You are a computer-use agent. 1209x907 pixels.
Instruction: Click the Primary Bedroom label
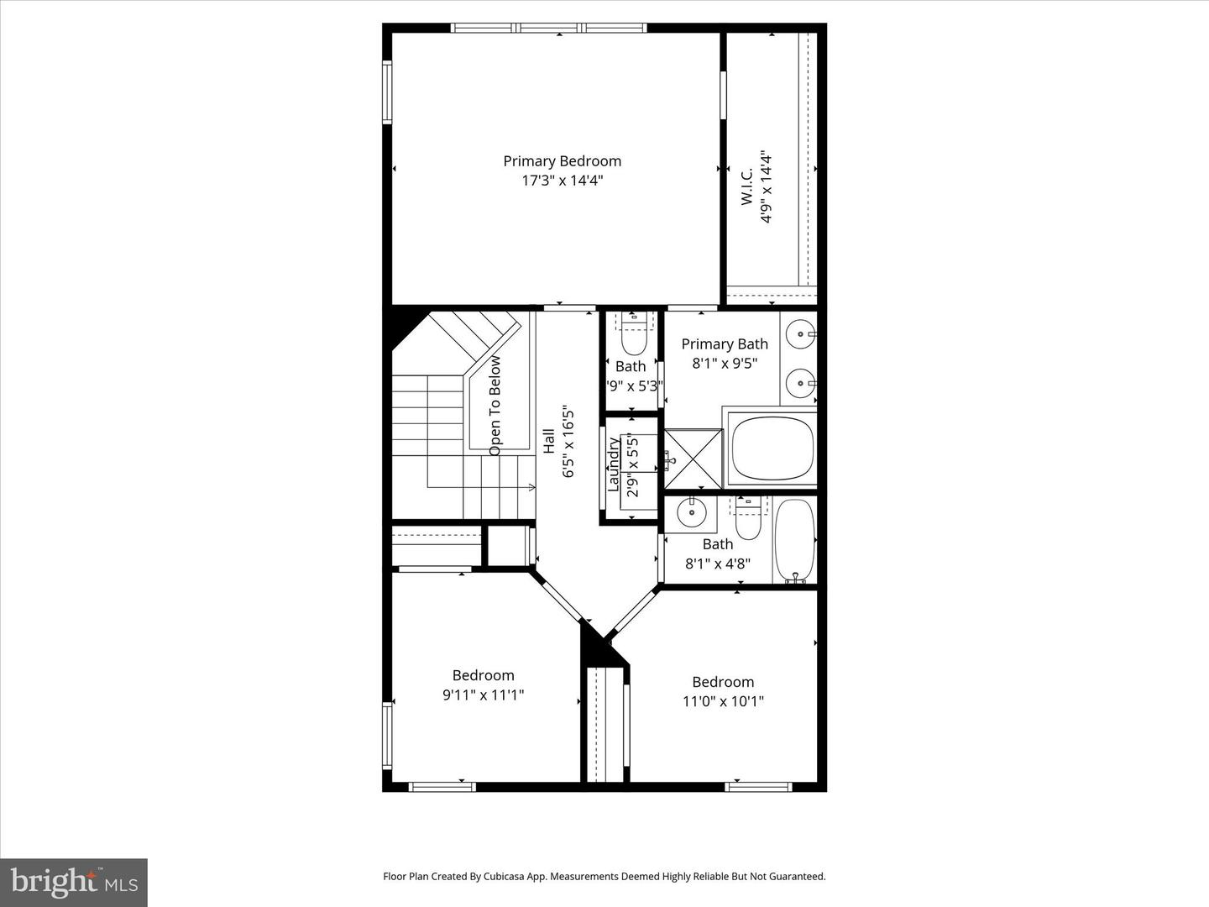pos(562,161)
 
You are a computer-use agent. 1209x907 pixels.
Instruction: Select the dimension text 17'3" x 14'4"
pos(562,181)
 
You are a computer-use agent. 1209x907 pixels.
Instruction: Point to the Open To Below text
pos(495,406)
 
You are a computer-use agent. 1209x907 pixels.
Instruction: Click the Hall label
pos(548,442)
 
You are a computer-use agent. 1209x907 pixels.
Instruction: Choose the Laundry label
pos(613,464)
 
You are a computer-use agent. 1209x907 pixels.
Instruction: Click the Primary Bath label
pos(724,344)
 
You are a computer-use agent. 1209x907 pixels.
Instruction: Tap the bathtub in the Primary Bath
pos(772,448)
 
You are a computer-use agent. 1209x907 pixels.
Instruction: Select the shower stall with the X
pos(693,459)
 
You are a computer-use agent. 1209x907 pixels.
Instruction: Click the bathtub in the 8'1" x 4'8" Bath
pos(794,538)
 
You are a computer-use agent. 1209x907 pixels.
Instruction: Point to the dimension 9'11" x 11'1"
pos(483,695)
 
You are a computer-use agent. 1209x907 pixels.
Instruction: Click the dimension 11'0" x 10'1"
pos(723,701)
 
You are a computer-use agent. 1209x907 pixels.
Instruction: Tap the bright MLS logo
pos(74,882)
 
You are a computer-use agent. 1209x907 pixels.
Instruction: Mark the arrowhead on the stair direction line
pos(531,487)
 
